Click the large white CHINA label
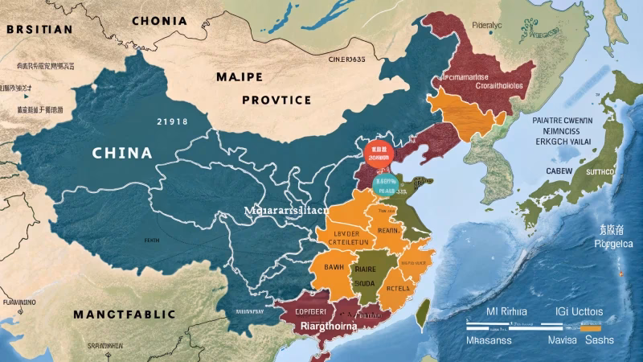click(x=122, y=152)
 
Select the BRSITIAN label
click(x=40, y=30)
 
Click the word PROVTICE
click(x=276, y=101)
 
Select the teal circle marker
click(x=385, y=184)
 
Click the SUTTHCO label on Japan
click(x=599, y=171)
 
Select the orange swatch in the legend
click(x=591, y=328)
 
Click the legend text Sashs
click(x=599, y=340)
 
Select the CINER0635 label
click(x=347, y=59)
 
